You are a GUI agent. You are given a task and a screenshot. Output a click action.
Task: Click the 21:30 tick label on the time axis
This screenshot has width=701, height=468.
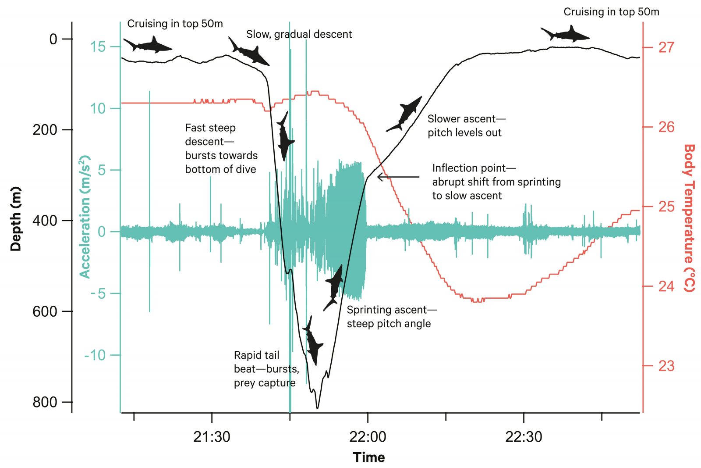(212, 437)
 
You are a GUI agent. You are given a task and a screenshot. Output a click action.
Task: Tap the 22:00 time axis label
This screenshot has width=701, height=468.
(368, 437)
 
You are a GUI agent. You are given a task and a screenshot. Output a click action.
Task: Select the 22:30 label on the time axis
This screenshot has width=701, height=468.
(524, 437)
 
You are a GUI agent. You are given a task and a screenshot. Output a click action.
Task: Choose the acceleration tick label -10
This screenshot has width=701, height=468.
(95, 355)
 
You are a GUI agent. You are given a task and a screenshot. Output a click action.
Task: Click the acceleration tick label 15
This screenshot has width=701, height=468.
(98, 46)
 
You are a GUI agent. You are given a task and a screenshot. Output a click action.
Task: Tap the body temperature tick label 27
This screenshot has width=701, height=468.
(666, 47)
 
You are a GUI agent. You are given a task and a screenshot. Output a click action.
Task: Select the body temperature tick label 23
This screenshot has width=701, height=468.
(666, 366)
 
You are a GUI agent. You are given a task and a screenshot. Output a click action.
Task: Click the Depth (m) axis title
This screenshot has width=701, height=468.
(16, 219)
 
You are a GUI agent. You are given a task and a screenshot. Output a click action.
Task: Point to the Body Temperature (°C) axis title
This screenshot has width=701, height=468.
(689, 218)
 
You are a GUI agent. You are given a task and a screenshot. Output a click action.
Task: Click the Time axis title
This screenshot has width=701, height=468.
(369, 457)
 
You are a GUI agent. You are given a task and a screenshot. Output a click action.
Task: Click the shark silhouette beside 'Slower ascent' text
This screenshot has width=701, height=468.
(404, 114)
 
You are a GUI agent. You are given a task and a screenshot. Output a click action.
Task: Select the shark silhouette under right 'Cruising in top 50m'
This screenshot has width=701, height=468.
(565, 34)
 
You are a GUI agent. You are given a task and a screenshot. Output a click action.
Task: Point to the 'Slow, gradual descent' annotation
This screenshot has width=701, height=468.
(299, 34)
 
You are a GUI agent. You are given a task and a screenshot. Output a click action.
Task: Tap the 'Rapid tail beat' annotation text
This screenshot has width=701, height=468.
(256, 355)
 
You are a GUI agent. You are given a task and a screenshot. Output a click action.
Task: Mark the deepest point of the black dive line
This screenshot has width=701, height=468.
(317, 408)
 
